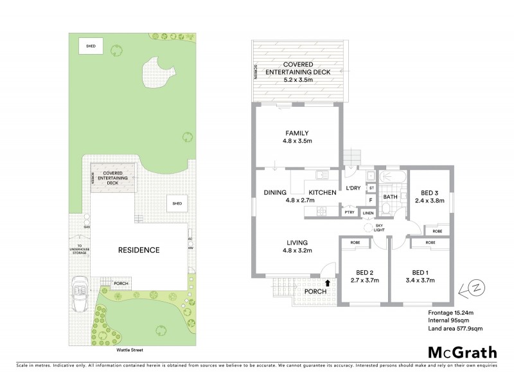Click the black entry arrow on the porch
coord(328,282)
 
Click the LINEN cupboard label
coord(368,213)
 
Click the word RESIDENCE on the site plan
coord(138,250)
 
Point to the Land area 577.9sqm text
coord(455,329)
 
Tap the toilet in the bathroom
coord(389,208)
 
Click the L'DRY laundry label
coord(353,188)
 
